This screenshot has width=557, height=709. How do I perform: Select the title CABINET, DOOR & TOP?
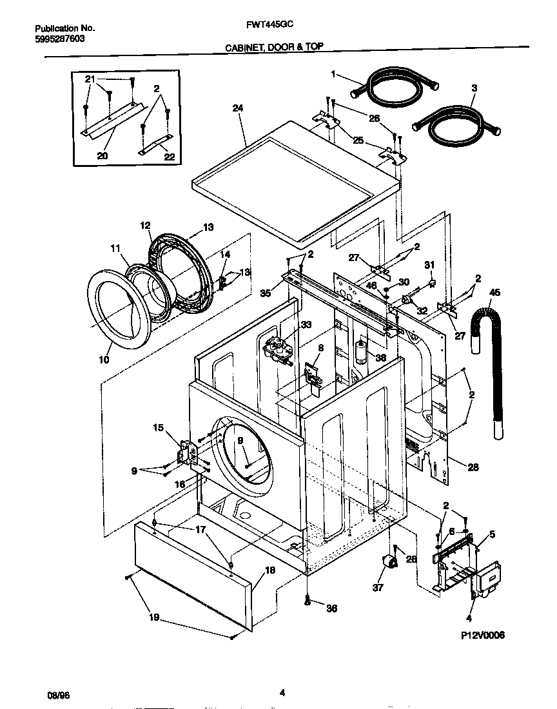click(274, 46)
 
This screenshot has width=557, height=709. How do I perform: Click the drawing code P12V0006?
click(482, 635)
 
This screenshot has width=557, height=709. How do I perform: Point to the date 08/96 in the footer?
click(57, 695)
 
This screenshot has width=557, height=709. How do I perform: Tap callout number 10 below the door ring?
click(104, 359)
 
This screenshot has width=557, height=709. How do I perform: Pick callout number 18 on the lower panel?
click(269, 570)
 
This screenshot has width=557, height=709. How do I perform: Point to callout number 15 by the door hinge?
click(159, 427)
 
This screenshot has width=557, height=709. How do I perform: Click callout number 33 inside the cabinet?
click(306, 324)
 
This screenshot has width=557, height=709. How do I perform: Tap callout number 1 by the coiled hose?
click(333, 74)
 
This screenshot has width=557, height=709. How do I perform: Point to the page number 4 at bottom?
click(282, 694)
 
